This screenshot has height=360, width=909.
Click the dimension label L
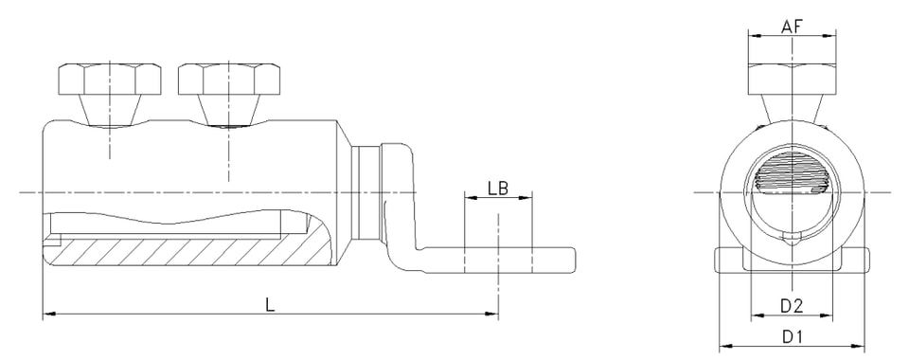[x=270, y=304]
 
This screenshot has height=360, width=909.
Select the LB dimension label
[x=498, y=188]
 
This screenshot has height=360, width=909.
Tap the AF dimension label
[x=792, y=27]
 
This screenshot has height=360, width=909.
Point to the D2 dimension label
[x=792, y=306]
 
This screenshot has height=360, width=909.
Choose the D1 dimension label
[x=792, y=337]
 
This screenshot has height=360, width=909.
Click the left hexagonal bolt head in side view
[x=110, y=81]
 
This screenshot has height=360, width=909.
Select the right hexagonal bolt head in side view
[x=229, y=81]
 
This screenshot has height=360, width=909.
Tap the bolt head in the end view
[x=792, y=79]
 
